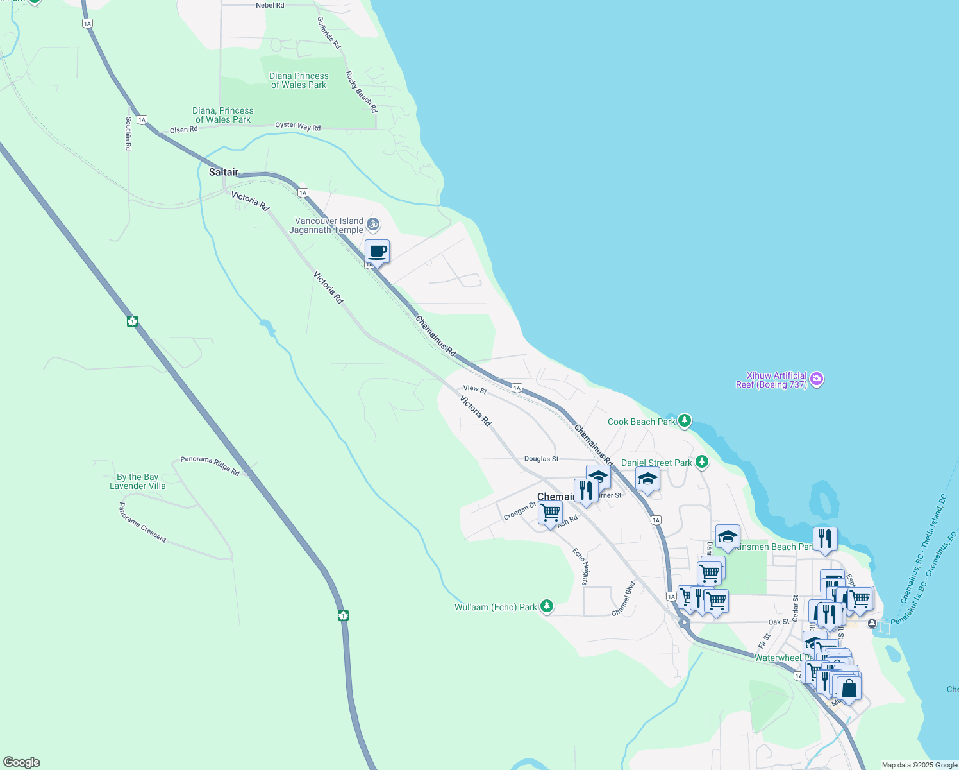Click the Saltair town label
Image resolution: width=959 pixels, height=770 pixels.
click(x=224, y=172)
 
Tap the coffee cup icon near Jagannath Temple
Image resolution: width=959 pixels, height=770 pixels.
click(x=378, y=252)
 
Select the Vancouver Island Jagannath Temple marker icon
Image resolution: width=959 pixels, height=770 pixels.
click(x=374, y=225)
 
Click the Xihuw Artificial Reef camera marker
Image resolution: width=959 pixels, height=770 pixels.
click(x=816, y=379)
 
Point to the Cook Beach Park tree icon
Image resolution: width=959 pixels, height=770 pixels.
click(x=685, y=421)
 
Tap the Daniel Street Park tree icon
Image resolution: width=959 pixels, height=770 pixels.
click(x=703, y=462)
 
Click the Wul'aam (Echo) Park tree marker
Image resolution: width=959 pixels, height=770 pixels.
click(x=546, y=606)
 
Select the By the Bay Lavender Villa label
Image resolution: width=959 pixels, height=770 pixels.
click(x=137, y=481)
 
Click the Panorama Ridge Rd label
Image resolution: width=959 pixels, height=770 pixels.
click(x=210, y=465)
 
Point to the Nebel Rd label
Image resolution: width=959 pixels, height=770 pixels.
click(x=270, y=5)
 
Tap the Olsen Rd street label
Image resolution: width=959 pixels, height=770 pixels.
click(x=184, y=130)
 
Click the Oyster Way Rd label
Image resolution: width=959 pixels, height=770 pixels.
click(x=297, y=126)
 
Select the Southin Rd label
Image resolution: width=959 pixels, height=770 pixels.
click(x=128, y=133)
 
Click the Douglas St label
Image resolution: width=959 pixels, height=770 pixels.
click(x=541, y=459)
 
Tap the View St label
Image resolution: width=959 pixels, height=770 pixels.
click(x=475, y=389)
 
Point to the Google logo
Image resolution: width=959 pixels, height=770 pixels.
click(x=21, y=762)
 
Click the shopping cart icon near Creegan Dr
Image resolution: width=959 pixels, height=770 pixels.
click(x=550, y=513)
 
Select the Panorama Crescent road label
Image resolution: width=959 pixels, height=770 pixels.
click(x=142, y=522)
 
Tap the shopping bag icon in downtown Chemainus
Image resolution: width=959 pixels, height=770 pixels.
click(x=849, y=689)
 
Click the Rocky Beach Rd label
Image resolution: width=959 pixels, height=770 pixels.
click(x=362, y=92)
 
